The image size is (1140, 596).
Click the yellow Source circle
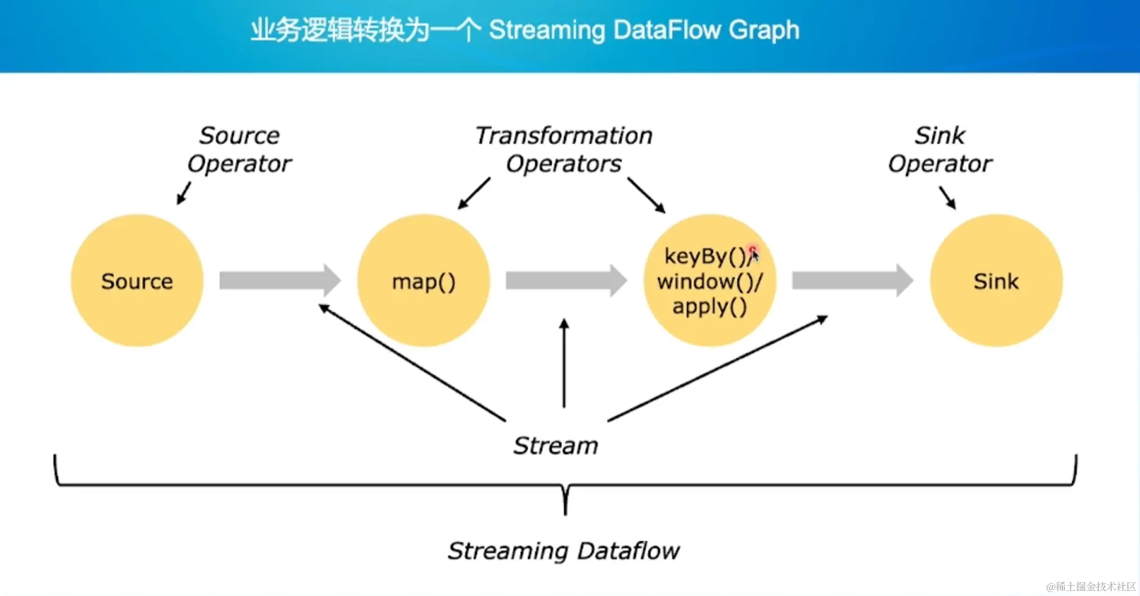[137, 281]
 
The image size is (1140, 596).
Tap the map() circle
[424, 281]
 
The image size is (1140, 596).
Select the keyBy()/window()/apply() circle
[710, 281]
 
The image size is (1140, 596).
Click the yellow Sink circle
[996, 281]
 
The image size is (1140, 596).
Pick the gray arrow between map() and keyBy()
[566, 280]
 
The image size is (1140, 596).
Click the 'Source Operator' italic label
[239, 150]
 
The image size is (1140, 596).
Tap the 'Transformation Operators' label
[564, 150]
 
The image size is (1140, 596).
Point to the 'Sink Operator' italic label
[940, 150]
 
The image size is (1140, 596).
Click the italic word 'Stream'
[555, 446]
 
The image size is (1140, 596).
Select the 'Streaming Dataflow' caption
[564, 551]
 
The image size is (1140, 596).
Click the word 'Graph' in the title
[764, 30]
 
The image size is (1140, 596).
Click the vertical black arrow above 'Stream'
[564, 363]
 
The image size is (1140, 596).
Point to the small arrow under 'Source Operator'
[184, 193]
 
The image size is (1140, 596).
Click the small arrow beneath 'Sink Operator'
[947, 198]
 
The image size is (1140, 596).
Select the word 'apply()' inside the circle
[710, 306]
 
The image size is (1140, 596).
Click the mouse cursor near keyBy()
[754, 255]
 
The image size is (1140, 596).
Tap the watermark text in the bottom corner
[1091, 586]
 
